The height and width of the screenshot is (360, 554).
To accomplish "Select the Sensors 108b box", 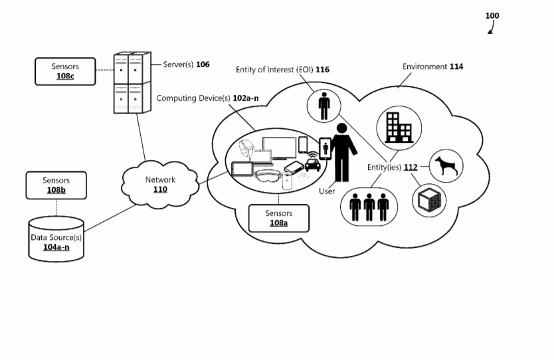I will click(x=56, y=185).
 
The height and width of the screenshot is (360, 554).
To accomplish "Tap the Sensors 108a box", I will click(x=279, y=217).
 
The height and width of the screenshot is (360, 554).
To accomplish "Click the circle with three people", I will click(x=369, y=207).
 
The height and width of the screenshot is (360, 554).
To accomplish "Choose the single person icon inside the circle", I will click(x=324, y=106).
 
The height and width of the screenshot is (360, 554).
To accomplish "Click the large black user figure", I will click(x=343, y=153).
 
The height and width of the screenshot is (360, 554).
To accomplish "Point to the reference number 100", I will click(x=492, y=16).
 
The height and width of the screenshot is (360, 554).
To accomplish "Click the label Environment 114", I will click(x=433, y=66).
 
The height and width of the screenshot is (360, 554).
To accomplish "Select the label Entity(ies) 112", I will click(x=392, y=167).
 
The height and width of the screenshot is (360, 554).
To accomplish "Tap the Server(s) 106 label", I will click(x=186, y=64).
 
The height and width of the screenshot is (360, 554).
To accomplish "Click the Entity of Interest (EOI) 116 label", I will click(x=283, y=69).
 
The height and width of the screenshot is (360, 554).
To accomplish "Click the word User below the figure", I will click(x=327, y=191).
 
